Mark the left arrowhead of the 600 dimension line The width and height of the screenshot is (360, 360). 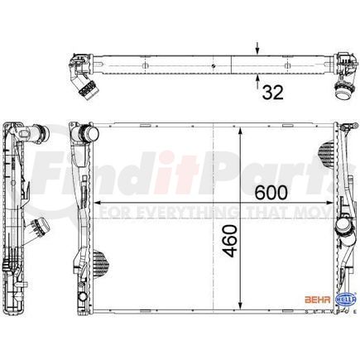(x=101, y=202)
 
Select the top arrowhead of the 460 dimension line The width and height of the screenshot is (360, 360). (x=241, y=133)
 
